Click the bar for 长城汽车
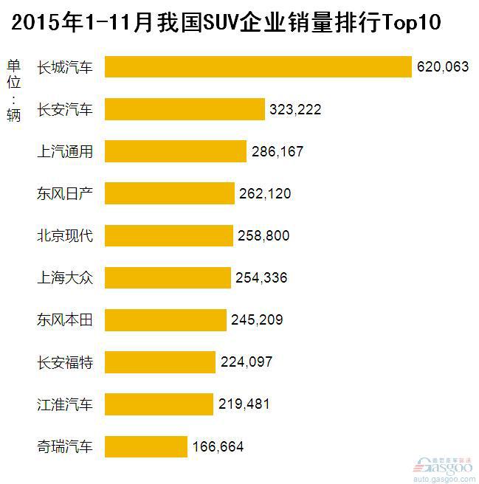coord(258,66)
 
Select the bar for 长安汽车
coord(185,109)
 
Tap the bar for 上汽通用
coord(176,151)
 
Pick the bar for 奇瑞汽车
coord(146,446)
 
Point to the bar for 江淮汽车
coord(159,404)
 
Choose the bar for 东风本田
coord(165,320)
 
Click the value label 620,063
coord(443,66)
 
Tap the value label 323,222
coord(295,109)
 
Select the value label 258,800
coord(263,236)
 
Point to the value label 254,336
coord(262,278)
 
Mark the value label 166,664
coord(218,446)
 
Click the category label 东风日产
coord(65,193)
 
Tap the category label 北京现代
coord(65,236)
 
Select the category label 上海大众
coord(65,278)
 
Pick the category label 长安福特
coord(65,362)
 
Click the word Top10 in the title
coord(411,22)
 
